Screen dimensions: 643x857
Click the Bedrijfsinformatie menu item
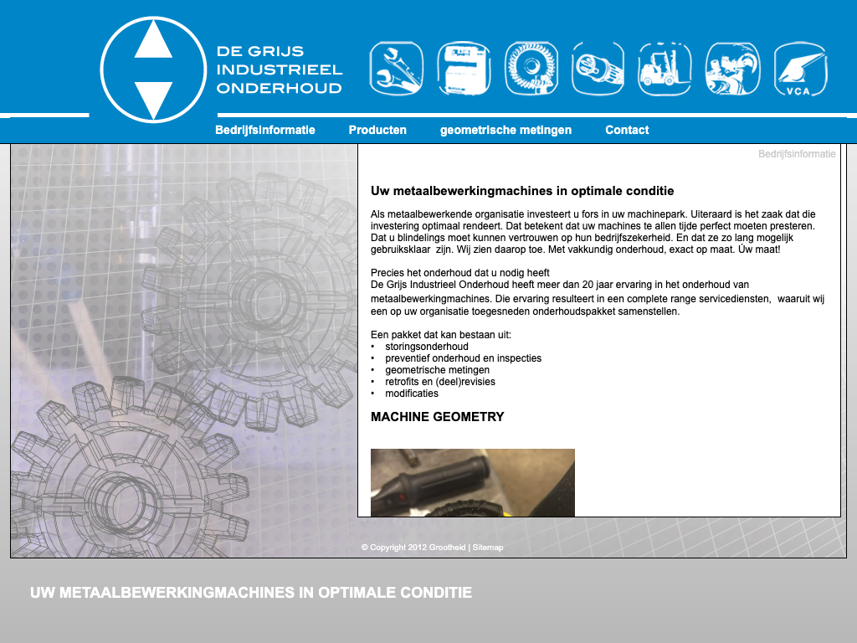[x=264, y=130]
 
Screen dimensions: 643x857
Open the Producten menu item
[x=377, y=130]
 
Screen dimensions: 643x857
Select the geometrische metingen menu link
[x=505, y=130]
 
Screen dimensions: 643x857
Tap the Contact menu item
[x=627, y=130]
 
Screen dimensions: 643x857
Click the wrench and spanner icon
[x=396, y=69]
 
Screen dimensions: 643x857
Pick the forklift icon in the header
[x=665, y=69]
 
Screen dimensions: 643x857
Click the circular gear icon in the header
[x=531, y=69]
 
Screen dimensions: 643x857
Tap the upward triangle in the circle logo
[x=153, y=40]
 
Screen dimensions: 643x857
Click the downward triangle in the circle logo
[x=153, y=98]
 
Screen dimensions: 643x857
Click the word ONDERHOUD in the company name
[x=279, y=88]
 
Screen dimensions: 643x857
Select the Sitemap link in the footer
[x=488, y=548]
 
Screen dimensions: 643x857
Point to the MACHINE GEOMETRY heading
[x=437, y=417]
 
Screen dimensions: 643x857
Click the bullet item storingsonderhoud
[x=426, y=347]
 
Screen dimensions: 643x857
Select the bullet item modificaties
[x=411, y=394]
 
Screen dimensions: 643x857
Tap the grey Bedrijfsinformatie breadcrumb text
[x=796, y=154]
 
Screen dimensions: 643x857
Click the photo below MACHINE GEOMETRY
[x=472, y=482]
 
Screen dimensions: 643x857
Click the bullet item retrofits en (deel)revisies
[x=439, y=382]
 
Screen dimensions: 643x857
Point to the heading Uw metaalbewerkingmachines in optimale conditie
[x=522, y=191]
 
